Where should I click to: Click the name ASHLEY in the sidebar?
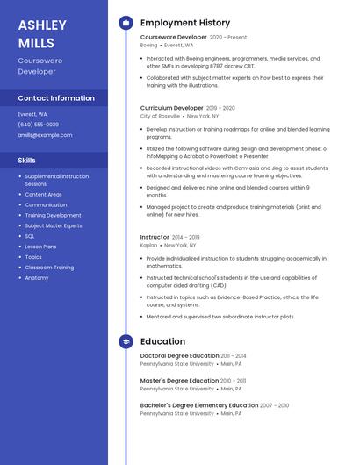tap(42, 25)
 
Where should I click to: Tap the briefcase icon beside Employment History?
tap(126, 23)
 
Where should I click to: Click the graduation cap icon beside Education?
tap(126, 341)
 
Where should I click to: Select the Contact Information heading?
tap(56, 98)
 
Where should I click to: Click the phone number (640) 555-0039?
tap(39, 125)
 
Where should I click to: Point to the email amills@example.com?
tap(46, 135)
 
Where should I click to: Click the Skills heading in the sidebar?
tap(27, 161)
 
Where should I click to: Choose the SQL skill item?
tap(30, 236)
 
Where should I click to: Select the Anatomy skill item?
tap(37, 278)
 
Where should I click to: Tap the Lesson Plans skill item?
tap(40, 247)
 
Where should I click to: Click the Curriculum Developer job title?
tap(172, 107)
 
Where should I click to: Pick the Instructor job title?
tap(155, 237)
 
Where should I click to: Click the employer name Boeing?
tap(148, 45)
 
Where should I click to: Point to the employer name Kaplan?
tap(148, 245)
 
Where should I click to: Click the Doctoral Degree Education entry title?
tap(179, 356)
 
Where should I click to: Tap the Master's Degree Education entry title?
tap(177, 381)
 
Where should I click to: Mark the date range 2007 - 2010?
tap(275, 405)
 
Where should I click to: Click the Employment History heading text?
tap(185, 23)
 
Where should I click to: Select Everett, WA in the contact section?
tap(32, 114)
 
